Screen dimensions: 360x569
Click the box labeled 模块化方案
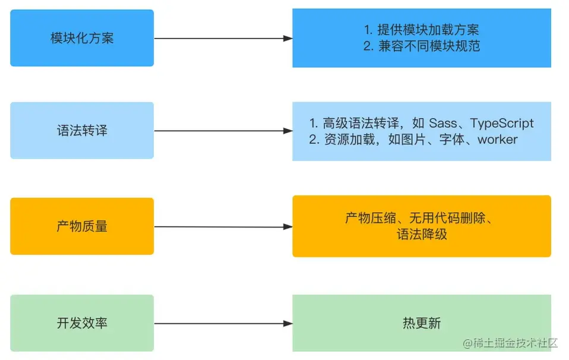82,38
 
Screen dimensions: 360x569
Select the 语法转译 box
82,131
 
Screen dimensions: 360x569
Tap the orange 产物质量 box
82,226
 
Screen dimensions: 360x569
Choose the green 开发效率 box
82,323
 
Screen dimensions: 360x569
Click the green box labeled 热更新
422,323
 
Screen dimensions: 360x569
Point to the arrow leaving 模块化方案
223,39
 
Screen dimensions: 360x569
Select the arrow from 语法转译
223,131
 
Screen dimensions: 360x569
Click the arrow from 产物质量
223,227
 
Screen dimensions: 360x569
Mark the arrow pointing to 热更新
223,324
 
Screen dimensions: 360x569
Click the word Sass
442,124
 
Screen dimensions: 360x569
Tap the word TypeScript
502,124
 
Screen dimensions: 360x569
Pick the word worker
497,140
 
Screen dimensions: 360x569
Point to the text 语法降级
422,234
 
